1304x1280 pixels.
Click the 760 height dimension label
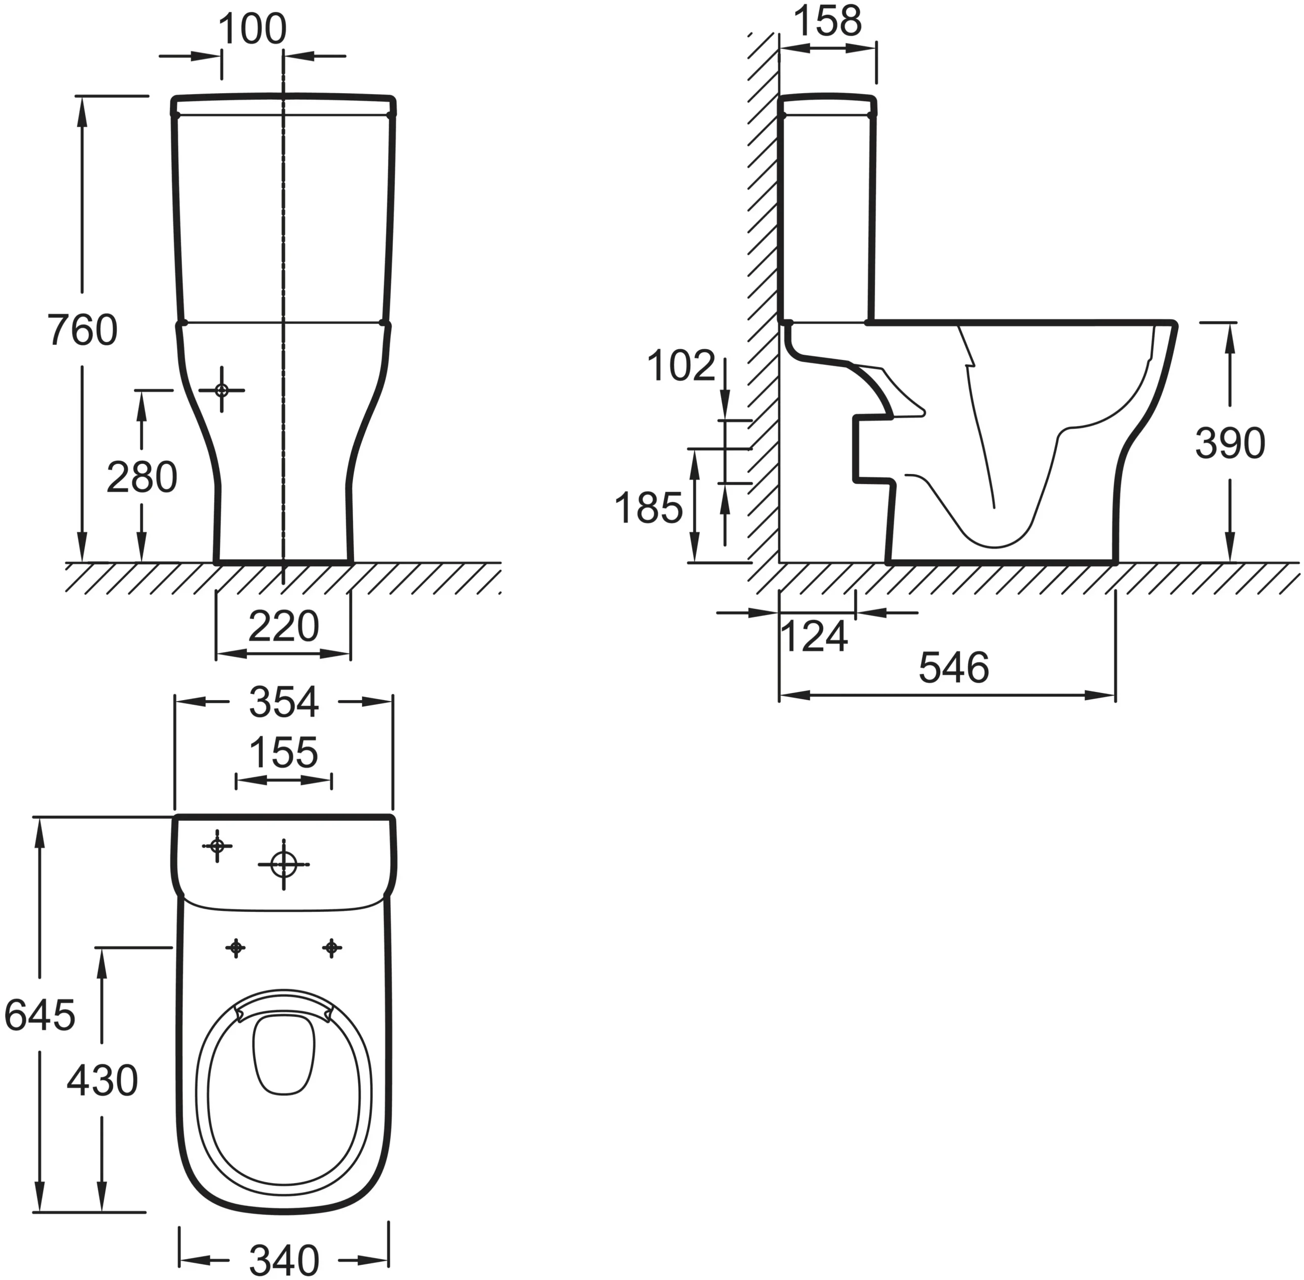pyautogui.click(x=82, y=330)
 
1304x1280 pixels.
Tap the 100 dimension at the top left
pyautogui.click(x=252, y=30)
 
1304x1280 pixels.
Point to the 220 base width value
pyautogui.click(x=283, y=627)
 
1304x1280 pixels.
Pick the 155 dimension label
pyautogui.click(x=283, y=753)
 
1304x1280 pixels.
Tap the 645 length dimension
pyautogui.click(x=39, y=1015)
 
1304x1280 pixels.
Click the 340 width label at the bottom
pyautogui.click(x=283, y=1260)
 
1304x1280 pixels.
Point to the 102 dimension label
pyautogui.click(x=681, y=367)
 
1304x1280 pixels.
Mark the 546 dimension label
pyautogui.click(x=954, y=667)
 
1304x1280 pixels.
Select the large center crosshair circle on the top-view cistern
pyautogui.click(x=284, y=865)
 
